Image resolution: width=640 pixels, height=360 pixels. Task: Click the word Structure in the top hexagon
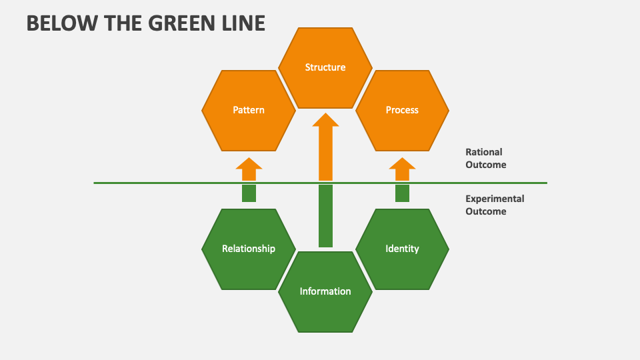tap(325, 67)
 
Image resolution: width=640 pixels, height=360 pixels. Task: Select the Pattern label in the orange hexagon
tap(249, 110)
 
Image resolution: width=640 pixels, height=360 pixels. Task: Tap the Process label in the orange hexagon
tap(402, 110)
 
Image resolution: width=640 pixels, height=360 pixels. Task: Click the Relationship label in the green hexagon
tap(249, 249)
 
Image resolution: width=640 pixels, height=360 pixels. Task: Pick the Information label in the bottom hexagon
tap(325, 291)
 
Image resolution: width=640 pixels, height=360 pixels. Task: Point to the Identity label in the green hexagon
tap(402, 249)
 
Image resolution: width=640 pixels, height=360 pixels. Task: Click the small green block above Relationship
tap(249, 193)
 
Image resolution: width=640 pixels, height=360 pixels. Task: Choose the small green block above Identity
tap(402, 193)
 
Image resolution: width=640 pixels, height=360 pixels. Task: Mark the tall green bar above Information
tap(325, 216)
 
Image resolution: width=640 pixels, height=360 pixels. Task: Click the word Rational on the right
tap(484, 153)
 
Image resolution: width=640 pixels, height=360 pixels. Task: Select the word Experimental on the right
tap(495, 199)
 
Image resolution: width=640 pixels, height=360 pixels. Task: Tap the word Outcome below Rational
tap(486, 165)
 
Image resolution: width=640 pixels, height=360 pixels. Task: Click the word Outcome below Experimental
tap(486, 211)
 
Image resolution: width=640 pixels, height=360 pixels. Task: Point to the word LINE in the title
tap(244, 23)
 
